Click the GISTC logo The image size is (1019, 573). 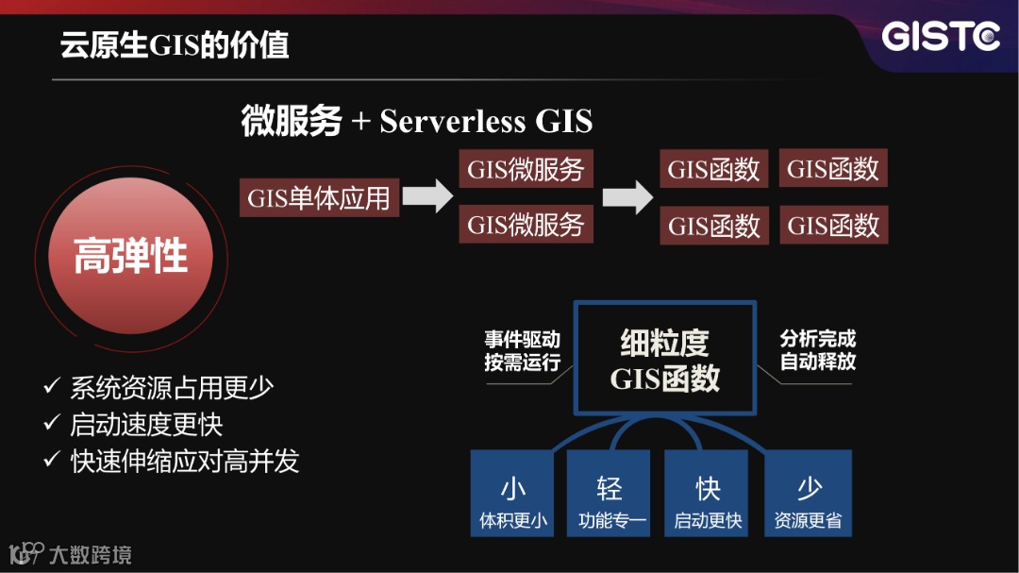point(940,37)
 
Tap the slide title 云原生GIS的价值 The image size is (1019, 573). point(175,44)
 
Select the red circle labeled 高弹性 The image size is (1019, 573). point(131,256)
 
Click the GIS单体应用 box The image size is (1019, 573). point(319,198)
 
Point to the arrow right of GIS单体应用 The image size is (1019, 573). point(428,197)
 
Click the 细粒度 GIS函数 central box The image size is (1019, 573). point(665,359)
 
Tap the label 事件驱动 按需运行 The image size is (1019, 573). point(522,350)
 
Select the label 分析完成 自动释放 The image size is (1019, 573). point(818,350)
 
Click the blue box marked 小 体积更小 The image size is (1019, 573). point(512,494)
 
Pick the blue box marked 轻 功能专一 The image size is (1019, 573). point(610,494)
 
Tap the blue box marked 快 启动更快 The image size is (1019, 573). point(707,494)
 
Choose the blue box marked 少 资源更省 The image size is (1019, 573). point(808,494)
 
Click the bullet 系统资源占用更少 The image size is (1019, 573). point(172,387)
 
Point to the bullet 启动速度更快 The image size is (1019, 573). point(146,424)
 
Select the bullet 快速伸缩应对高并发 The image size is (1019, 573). point(184,461)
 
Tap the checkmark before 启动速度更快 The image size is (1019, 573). point(52,424)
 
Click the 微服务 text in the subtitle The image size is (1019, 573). point(291,122)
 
